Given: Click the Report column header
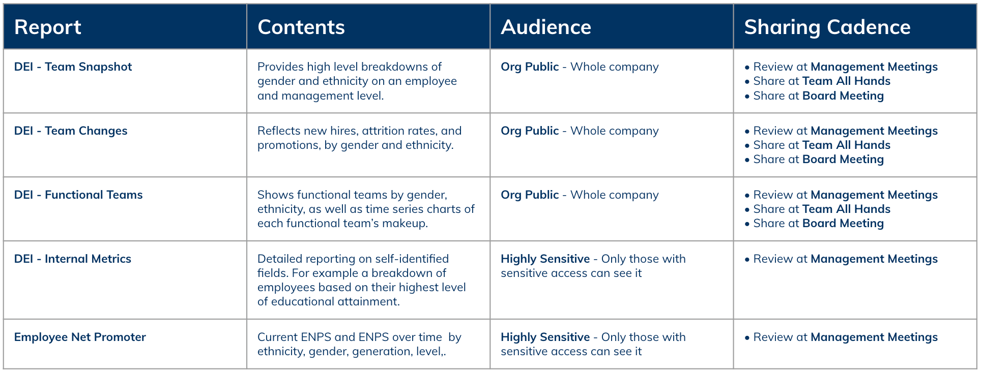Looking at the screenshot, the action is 48,27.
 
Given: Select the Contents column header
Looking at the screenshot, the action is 301,27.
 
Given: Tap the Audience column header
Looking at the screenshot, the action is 546,27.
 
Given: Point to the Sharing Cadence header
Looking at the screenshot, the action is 827,27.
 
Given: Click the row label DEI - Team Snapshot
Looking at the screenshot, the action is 73,67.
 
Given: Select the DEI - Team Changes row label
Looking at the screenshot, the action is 71,131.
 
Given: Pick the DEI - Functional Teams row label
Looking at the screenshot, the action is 78,195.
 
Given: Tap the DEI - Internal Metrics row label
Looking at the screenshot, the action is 73,259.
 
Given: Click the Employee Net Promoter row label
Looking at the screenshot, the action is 80,337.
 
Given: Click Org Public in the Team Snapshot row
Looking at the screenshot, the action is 530,67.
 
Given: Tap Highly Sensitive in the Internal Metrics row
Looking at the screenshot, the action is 545,259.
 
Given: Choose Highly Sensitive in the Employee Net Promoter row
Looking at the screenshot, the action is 545,337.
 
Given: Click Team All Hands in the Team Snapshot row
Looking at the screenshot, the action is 846,81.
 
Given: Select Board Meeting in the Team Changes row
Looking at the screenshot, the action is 843,160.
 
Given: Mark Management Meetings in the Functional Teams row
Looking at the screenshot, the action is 874,195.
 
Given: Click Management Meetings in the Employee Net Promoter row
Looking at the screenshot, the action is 874,337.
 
